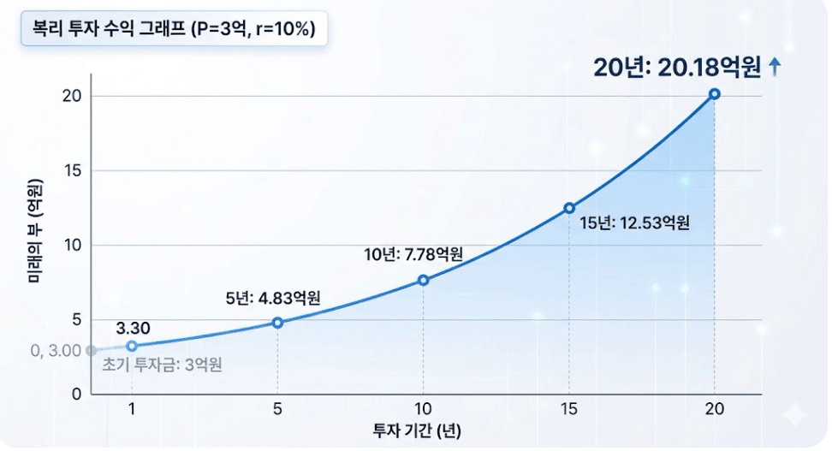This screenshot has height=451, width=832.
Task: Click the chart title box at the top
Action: point(174,30)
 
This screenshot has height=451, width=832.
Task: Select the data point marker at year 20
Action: point(714,94)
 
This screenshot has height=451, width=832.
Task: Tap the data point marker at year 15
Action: point(568,208)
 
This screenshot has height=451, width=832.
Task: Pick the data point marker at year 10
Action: point(423,280)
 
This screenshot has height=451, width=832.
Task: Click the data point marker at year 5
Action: point(277,323)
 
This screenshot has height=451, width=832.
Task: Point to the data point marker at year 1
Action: point(132,346)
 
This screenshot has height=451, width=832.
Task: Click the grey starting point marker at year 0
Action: point(92,350)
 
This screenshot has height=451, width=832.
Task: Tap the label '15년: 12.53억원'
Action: point(633,223)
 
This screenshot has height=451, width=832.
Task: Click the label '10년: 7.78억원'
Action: point(413,254)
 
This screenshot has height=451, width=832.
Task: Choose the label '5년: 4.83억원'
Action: point(273,299)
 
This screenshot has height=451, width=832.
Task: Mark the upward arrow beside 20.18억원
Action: point(775,68)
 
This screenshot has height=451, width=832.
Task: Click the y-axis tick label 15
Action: point(72,170)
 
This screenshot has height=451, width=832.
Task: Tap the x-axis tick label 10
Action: point(423,408)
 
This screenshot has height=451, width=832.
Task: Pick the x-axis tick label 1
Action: point(132,408)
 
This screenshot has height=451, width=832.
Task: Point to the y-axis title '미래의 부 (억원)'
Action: point(33,231)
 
